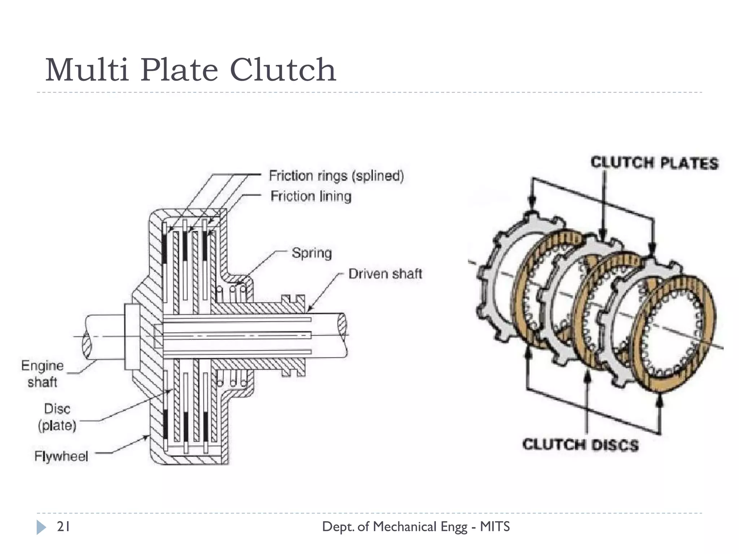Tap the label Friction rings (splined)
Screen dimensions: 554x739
(336, 176)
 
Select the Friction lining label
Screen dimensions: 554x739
(311, 196)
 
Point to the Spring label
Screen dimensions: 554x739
(312, 253)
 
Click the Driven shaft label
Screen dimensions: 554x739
(385, 274)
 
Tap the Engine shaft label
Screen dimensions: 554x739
(42, 374)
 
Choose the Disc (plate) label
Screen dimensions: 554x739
(57, 417)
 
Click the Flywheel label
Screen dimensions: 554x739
(61, 456)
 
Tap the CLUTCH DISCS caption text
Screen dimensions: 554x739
(580, 445)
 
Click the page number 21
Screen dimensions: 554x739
(64, 527)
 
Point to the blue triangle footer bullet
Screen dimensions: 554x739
(41, 527)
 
